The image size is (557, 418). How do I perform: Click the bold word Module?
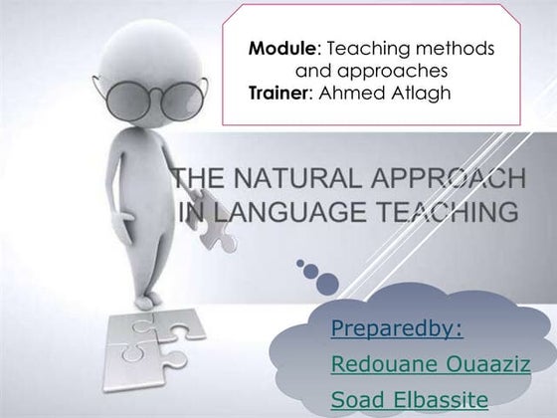(x=278, y=48)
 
